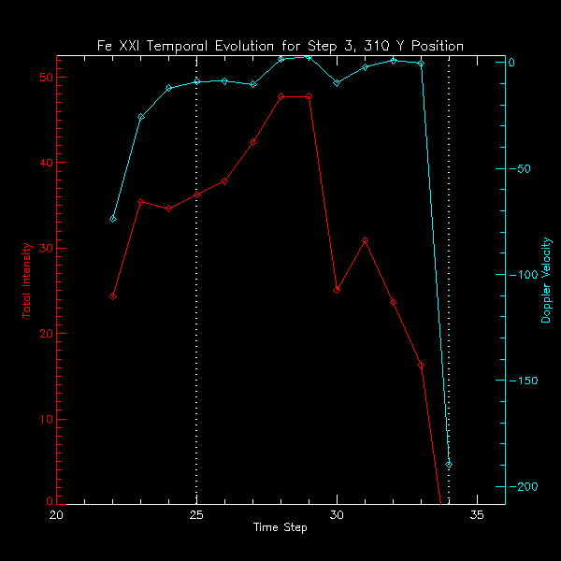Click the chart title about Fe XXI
[x=280, y=46]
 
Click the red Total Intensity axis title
[x=27, y=280]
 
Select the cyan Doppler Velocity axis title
[x=547, y=280]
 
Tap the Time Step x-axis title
[x=280, y=527]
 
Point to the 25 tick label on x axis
[x=196, y=514]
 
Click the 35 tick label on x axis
[x=477, y=514]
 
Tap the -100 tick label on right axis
[x=524, y=275]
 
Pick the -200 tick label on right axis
[x=524, y=487]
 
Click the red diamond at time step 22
[x=112, y=296]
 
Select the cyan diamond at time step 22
[x=112, y=218]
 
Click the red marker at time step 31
[x=365, y=240]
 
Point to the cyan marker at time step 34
[x=449, y=465]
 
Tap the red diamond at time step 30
[x=337, y=290]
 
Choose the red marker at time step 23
[x=140, y=202]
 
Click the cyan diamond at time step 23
[x=140, y=117]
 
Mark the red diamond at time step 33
[x=421, y=365]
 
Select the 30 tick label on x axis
[x=337, y=514]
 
